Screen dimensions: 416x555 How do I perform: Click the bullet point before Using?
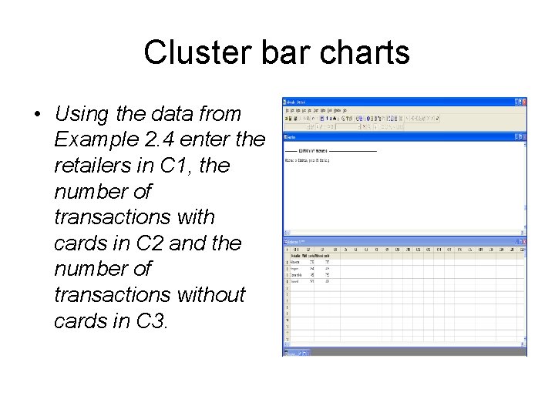(37, 115)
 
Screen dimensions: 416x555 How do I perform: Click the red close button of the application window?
(524, 101)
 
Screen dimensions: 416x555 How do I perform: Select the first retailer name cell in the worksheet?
(295, 260)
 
